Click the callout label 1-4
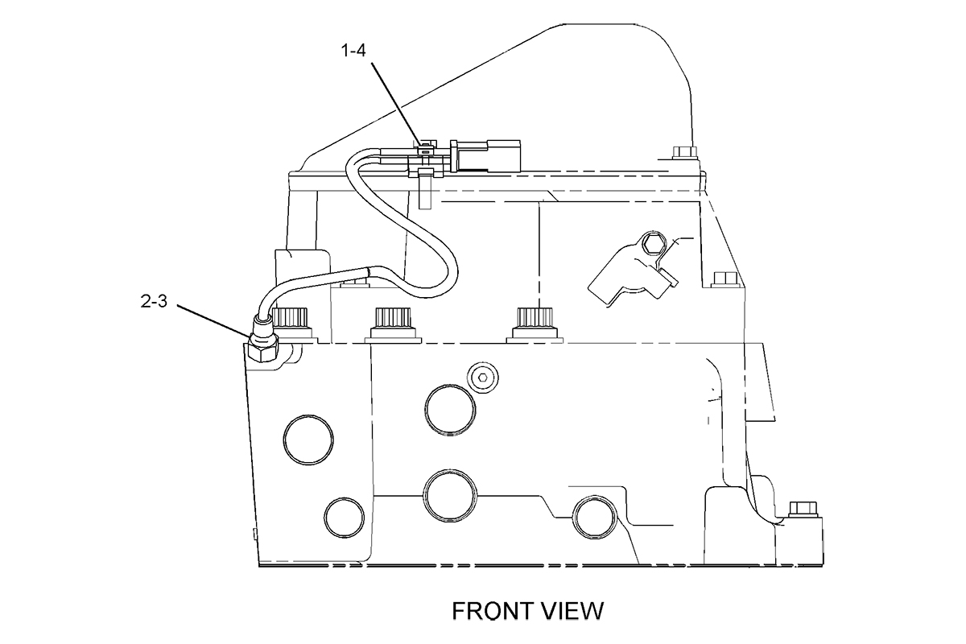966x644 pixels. tap(353, 51)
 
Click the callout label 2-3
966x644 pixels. tap(154, 300)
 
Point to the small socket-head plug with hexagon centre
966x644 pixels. tap(483, 378)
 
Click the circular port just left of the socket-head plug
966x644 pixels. tap(450, 410)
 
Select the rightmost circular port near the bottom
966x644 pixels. tap(595, 517)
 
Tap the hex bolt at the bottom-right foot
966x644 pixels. tap(803, 510)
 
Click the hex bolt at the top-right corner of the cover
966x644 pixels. tap(684, 152)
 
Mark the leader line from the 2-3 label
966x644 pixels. tap(214, 321)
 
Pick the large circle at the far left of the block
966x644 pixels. tap(308, 440)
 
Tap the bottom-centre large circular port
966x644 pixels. tap(450, 496)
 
